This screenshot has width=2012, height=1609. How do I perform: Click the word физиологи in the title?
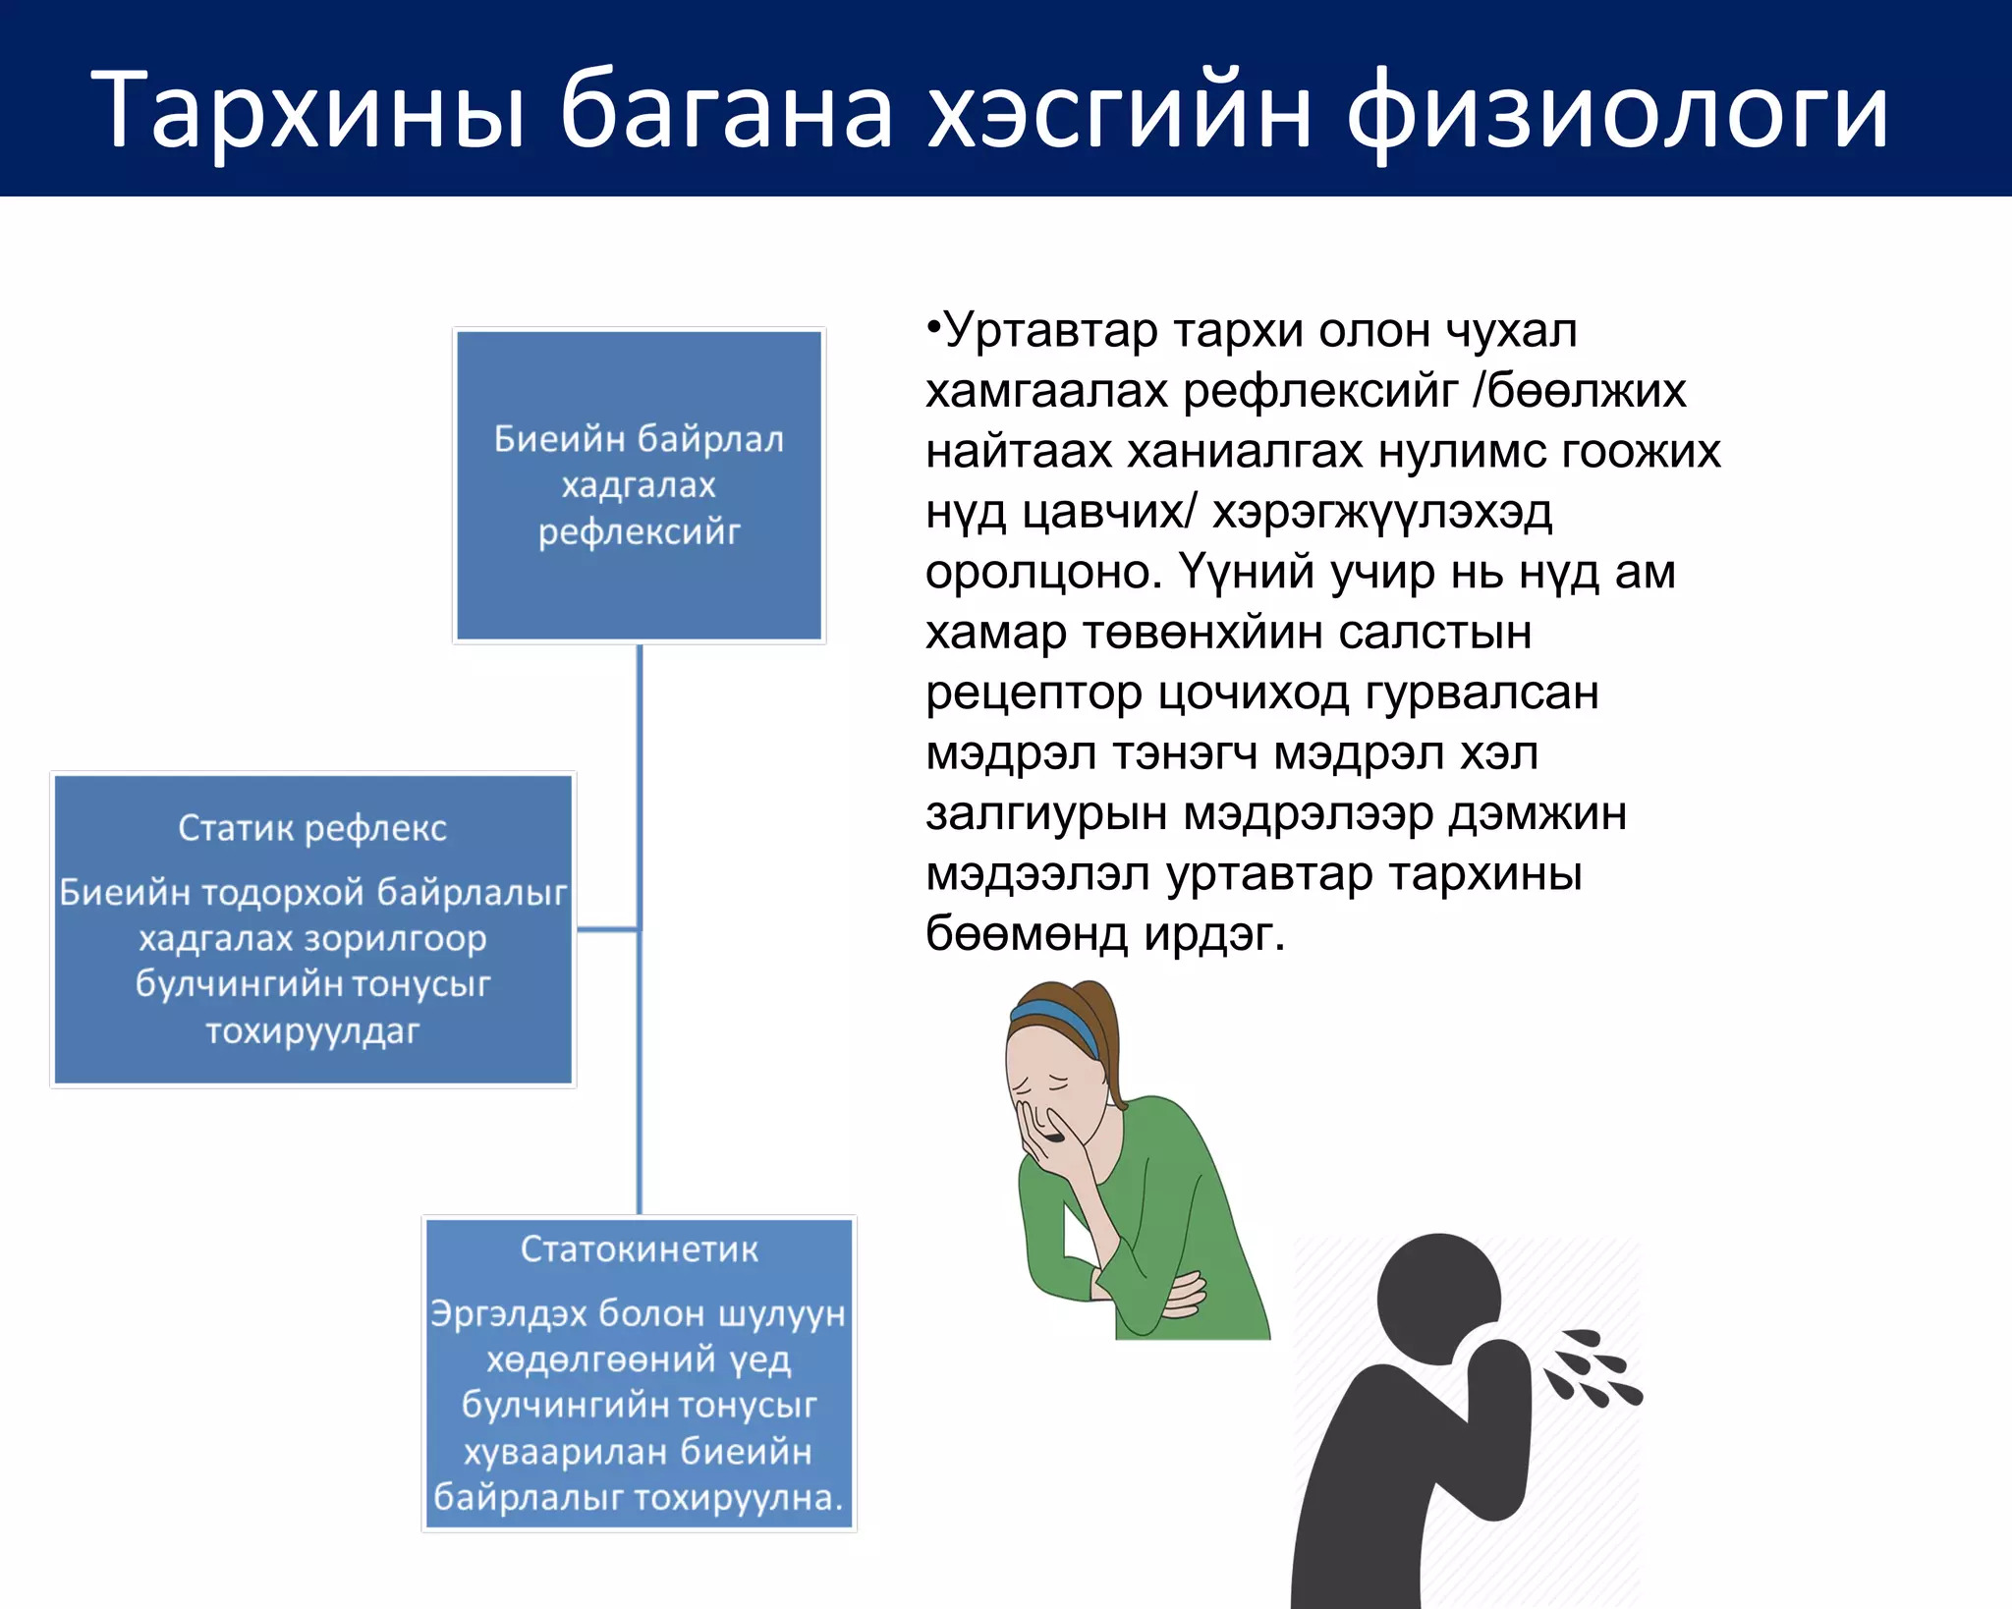click(x=1616, y=110)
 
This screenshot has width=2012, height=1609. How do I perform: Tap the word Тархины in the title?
click(x=309, y=110)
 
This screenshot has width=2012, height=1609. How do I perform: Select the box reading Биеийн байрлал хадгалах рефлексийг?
click(x=639, y=485)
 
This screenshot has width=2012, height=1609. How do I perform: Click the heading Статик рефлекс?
click(x=312, y=828)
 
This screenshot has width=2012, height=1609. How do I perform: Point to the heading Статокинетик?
click(x=639, y=1248)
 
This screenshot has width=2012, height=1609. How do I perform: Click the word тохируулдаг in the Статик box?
click(x=312, y=1031)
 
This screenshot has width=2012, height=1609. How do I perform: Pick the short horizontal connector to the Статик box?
click(x=607, y=928)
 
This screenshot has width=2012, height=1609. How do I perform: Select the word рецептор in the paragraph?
click(x=1034, y=694)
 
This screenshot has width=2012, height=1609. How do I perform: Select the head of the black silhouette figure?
click(x=1439, y=1297)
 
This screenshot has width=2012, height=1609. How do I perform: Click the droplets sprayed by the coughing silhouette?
click(x=1592, y=1370)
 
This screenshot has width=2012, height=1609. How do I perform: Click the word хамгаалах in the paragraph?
click(x=1047, y=392)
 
